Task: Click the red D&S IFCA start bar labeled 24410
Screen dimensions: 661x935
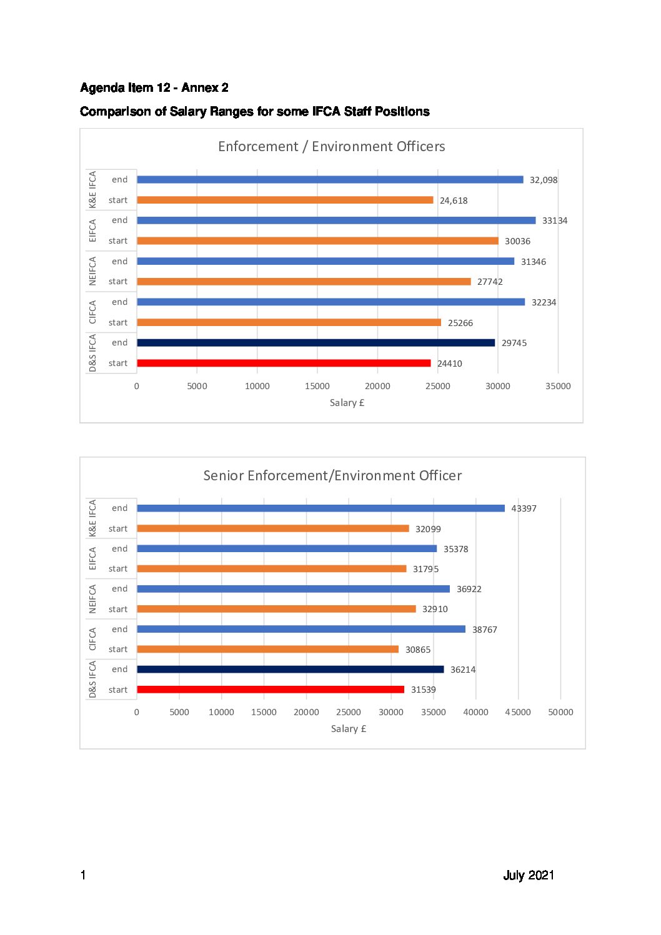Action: (284, 363)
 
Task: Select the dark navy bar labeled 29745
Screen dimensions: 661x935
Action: (316, 343)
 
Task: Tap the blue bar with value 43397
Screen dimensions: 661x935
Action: (321, 508)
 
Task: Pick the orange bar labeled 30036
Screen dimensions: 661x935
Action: (318, 241)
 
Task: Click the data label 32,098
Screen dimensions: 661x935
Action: (544, 180)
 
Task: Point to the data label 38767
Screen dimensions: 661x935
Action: (484, 630)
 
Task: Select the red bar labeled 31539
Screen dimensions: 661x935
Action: (271, 689)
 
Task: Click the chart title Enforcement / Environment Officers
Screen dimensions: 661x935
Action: (332, 147)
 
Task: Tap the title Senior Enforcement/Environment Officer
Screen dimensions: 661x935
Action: (332, 475)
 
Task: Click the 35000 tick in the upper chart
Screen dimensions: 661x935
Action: (558, 386)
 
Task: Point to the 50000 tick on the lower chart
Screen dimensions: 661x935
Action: (560, 712)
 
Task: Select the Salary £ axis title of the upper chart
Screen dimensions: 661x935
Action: (347, 403)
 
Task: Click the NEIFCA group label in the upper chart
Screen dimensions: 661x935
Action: (92, 271)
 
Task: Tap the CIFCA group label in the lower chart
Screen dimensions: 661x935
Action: (92, 639)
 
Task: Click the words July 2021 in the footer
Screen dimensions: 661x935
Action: (529, 875)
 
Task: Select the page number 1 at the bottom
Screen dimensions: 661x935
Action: (83, 875)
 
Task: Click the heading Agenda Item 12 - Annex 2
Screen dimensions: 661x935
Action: (154, 87)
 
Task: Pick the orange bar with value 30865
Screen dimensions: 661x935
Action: (267, 649)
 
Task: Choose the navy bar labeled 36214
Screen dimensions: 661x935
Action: (291, 669)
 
